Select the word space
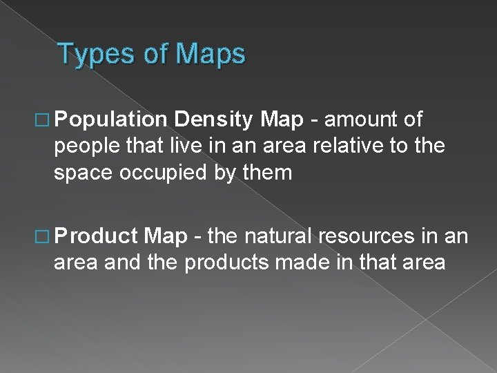pos(86,172)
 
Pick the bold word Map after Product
pos(166,236)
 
